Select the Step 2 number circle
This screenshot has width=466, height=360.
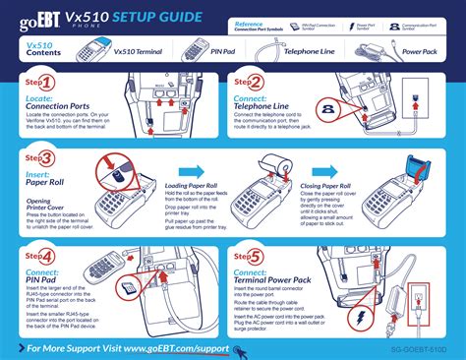[x=255, y=84]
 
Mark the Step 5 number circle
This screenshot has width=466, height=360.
[x=255, y=256]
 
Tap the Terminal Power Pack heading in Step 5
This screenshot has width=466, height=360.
[x=290, y=281]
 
